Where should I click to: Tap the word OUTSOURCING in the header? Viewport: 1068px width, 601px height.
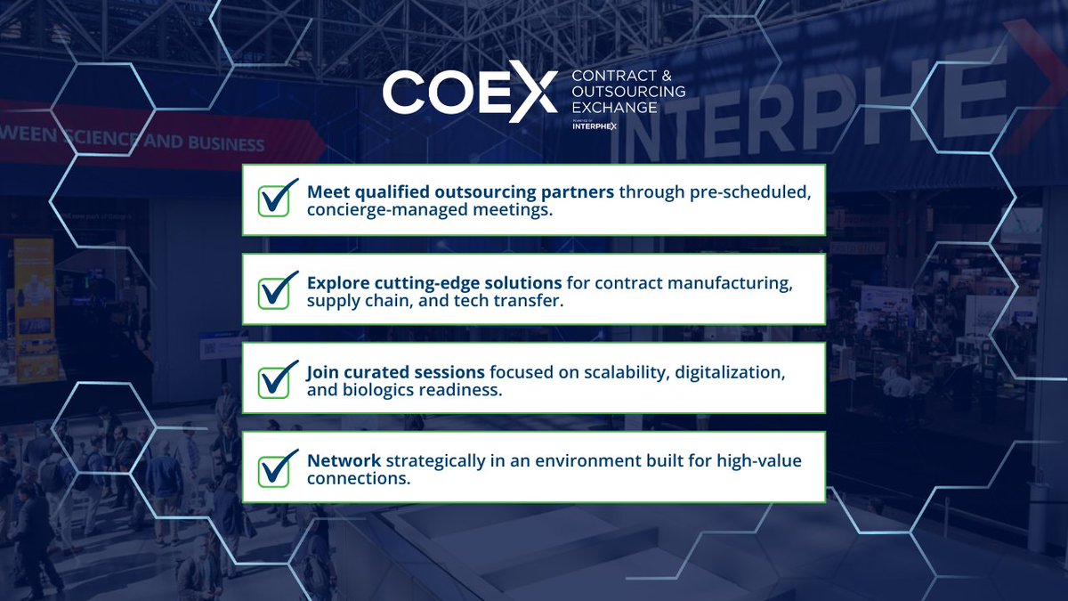point(628,92)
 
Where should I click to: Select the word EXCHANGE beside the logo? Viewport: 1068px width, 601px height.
point(615,107)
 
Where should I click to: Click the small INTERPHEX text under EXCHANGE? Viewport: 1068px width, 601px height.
point(596,126)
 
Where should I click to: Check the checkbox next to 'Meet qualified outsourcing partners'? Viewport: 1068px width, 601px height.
point(277,199)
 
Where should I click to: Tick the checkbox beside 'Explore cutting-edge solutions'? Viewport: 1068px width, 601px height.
point(277,289)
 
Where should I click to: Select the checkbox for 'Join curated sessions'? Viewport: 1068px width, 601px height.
point(277,378)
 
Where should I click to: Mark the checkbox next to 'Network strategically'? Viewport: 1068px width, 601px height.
point(277,467)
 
